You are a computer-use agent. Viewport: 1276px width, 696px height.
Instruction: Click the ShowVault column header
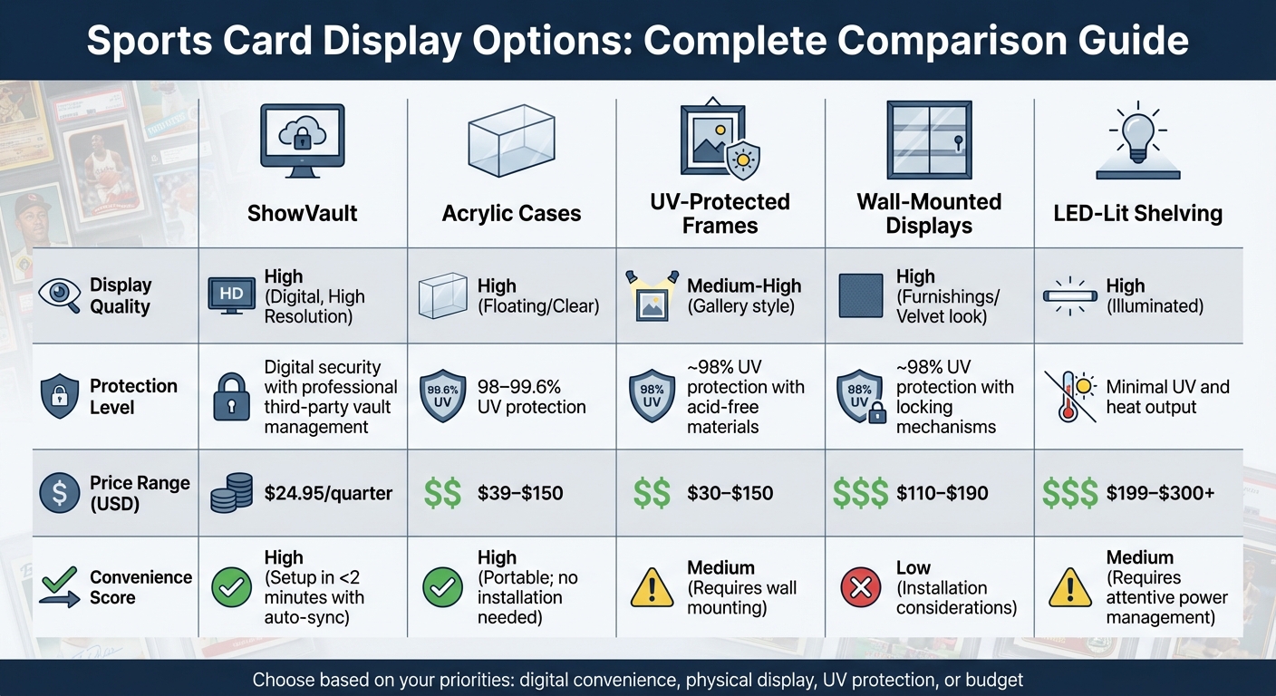point(302,214)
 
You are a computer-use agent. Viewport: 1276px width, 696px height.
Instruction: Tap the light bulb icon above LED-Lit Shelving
point(1137,140)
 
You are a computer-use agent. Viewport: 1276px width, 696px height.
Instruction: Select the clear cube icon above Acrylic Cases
point(510,140)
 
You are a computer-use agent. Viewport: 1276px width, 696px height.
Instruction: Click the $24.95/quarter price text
point(328,494)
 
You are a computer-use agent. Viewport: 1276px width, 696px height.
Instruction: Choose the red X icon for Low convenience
point(860,588)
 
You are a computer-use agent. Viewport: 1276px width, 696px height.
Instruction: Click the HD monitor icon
point(230,295)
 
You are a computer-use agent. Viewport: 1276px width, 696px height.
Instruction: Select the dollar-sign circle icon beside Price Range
point(60,494)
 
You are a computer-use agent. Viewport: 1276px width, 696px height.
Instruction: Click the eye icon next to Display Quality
point(60,295)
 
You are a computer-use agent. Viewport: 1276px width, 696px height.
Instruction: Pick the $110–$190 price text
point(942,494)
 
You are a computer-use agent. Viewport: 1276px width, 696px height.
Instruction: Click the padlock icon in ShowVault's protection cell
point(230,397)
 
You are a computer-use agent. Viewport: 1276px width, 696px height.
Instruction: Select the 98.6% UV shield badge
point(443,396)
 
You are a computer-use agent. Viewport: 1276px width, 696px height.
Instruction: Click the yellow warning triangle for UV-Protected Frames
point(652,588)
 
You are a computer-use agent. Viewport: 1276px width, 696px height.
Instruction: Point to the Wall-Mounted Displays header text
point(929,213)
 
